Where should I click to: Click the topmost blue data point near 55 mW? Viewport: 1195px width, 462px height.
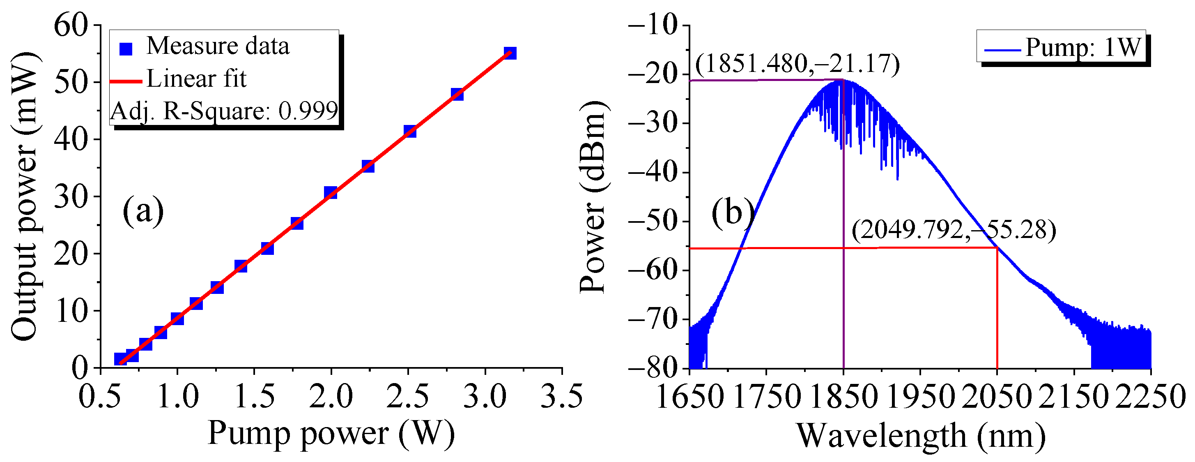click(x=510, y=53)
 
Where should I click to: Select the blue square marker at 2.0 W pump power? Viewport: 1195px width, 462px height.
click(x=330, y=192)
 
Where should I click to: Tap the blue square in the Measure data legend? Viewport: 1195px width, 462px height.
click(x=126, y=48)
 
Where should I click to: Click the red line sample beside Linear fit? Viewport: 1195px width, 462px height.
click(x=126, y=82)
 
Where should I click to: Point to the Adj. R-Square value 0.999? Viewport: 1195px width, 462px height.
click(x=308, y=111)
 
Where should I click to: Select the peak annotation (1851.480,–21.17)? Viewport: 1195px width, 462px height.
click(x=797, y=64)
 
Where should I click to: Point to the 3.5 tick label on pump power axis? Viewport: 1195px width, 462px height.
click(x=562, y=397)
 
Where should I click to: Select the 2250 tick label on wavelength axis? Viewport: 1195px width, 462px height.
click(x=1151, y=397)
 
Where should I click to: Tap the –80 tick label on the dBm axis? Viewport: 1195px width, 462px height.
click(x=652, y=368)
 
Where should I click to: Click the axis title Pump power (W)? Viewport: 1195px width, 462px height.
click(x=331, y=433)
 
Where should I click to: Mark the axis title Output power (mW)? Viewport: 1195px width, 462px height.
click(x=24, y=196)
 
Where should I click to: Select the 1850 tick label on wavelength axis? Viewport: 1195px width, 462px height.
click(x=843, y=397)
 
